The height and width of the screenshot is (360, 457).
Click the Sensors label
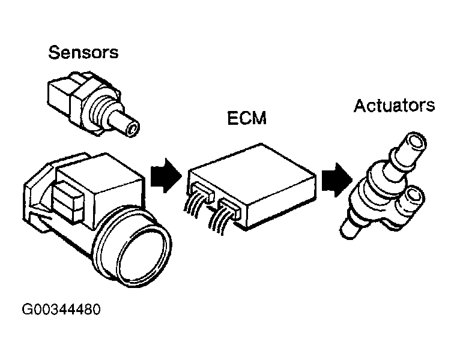point(83,52)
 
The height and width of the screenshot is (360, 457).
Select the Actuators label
point(394,106)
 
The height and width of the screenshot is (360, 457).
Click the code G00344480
point(61,310)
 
